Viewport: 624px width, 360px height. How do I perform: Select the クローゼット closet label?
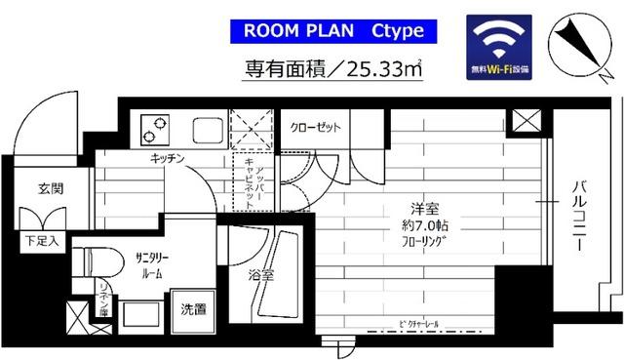point(313,127)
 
